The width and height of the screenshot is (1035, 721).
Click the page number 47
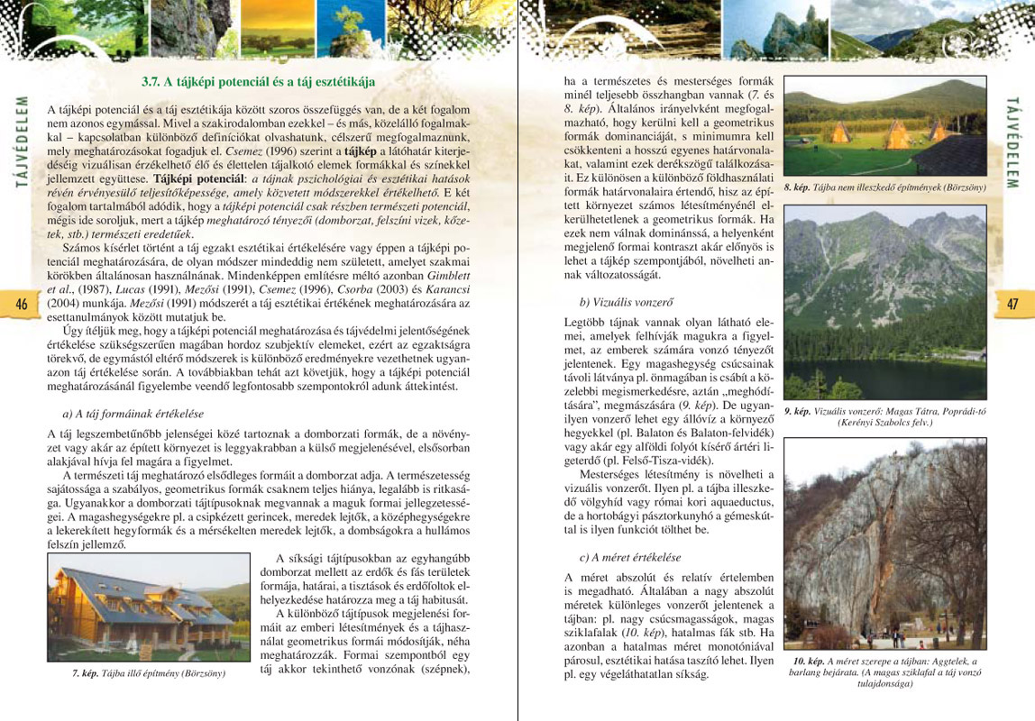(x=1012, y=304)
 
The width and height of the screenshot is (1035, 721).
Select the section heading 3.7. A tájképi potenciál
(x=258, y=81)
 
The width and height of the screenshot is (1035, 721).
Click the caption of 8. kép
(x=885, y=187)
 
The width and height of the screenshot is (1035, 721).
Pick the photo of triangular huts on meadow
(x=884, y=126)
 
